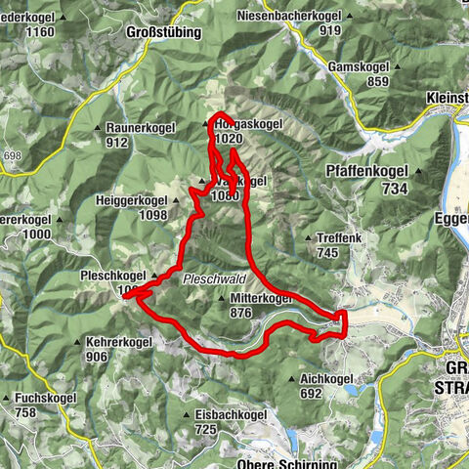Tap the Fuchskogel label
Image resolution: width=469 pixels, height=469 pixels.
[x=44, y=398]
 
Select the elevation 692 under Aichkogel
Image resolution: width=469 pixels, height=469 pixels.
[x=311, y=394]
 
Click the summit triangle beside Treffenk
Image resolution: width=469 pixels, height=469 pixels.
[x=309, y=237]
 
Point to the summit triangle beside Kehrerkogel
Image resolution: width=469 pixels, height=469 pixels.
[x=77, y=342]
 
